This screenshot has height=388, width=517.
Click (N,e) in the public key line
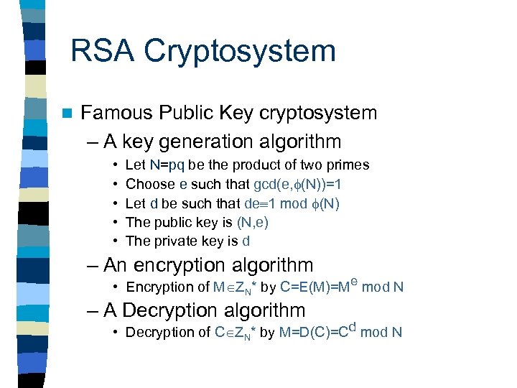point(252,223)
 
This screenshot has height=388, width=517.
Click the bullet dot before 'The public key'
point(116,223)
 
